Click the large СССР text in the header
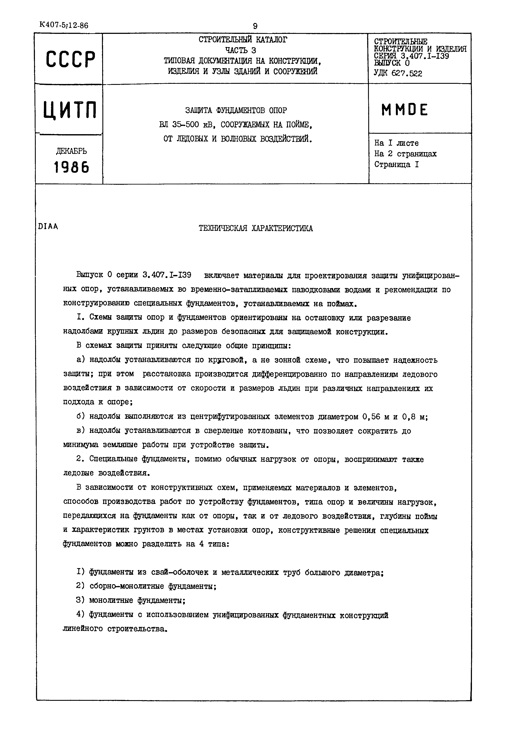(x=70, y=60)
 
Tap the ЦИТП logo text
(x=70, y=110)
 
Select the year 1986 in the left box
(x=71, y=167)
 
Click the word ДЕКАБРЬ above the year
(x=71, y=151)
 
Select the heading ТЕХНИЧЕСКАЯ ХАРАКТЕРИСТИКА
(x=256, y=228)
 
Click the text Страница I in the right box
(x=396, y=164)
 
